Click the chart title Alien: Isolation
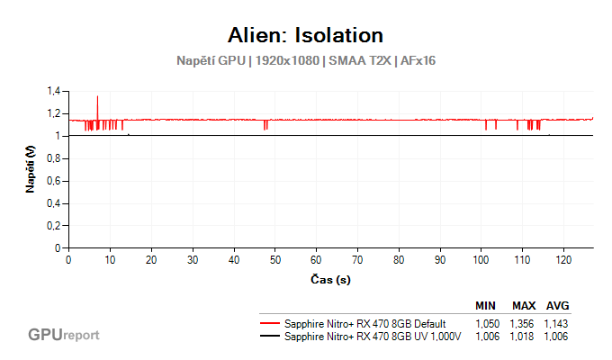click(x=306, y=35)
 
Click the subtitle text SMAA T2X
click(x=364, y=60)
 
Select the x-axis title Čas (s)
click(x=330, y=280)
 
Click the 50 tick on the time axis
click(x=275, y=260)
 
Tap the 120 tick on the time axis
click(x=563, y=260)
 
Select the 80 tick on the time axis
click(x=399, y=260)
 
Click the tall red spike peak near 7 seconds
click(x=97, y=96)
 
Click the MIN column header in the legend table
click(x=486, y=306)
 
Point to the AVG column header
click(x=557, y=306)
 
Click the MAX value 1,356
click(x=523, y=323)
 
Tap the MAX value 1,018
click(x=523, y=336)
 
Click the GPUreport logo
click(x=63, y=335)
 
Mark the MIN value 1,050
click(x=488, y=323)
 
